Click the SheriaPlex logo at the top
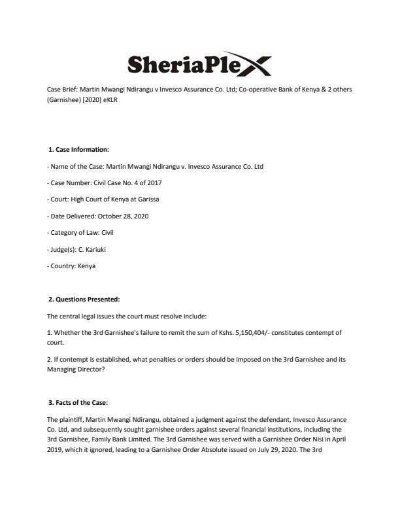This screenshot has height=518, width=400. click(x=199, y=64)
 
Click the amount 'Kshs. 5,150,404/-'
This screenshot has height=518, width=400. click(x=221, y=334)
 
